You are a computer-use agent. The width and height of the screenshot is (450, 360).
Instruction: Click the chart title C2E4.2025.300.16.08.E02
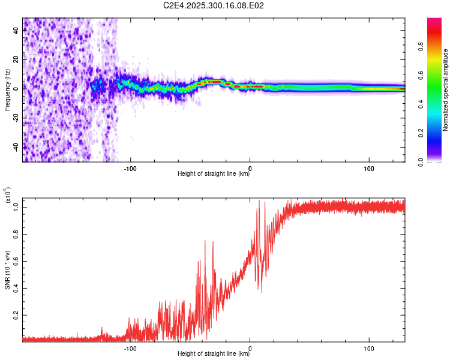click(214, 5)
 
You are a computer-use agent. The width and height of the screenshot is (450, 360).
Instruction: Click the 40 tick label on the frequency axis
click(16, 31)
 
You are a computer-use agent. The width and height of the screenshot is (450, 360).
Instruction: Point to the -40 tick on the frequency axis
click(16, 146)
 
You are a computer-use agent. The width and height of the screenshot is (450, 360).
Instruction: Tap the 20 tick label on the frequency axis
click(16, 59)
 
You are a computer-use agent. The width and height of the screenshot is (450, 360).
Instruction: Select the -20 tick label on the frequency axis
click(16, 117)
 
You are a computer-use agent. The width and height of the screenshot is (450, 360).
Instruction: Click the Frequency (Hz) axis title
click(7, 89)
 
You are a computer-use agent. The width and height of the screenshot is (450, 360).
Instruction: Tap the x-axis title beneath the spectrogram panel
click(214, 175)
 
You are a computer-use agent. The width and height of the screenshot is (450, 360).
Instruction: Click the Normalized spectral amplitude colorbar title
click(446, 90)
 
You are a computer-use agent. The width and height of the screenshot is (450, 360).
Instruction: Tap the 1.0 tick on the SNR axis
click(16, 207)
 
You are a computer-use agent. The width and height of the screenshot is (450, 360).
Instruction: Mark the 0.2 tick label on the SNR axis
click(16, 314)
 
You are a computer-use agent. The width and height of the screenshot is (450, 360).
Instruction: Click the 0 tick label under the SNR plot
click(250, 348)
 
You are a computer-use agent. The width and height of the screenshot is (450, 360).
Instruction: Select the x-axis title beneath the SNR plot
click(214, 355)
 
